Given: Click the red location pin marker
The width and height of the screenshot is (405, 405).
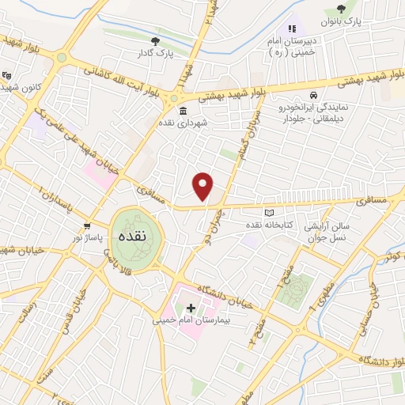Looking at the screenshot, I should point(203,186).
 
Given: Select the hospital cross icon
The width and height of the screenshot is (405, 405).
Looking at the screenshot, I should point(191,307).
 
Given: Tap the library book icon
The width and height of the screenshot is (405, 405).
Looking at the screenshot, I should point(268,213).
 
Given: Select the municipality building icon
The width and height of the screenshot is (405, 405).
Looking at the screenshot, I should point(184,111).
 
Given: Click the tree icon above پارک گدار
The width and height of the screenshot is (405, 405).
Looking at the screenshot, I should point(155,40).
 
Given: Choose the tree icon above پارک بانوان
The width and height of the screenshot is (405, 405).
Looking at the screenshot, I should point(341,9).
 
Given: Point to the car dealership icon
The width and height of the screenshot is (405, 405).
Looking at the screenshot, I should point(313,95).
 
